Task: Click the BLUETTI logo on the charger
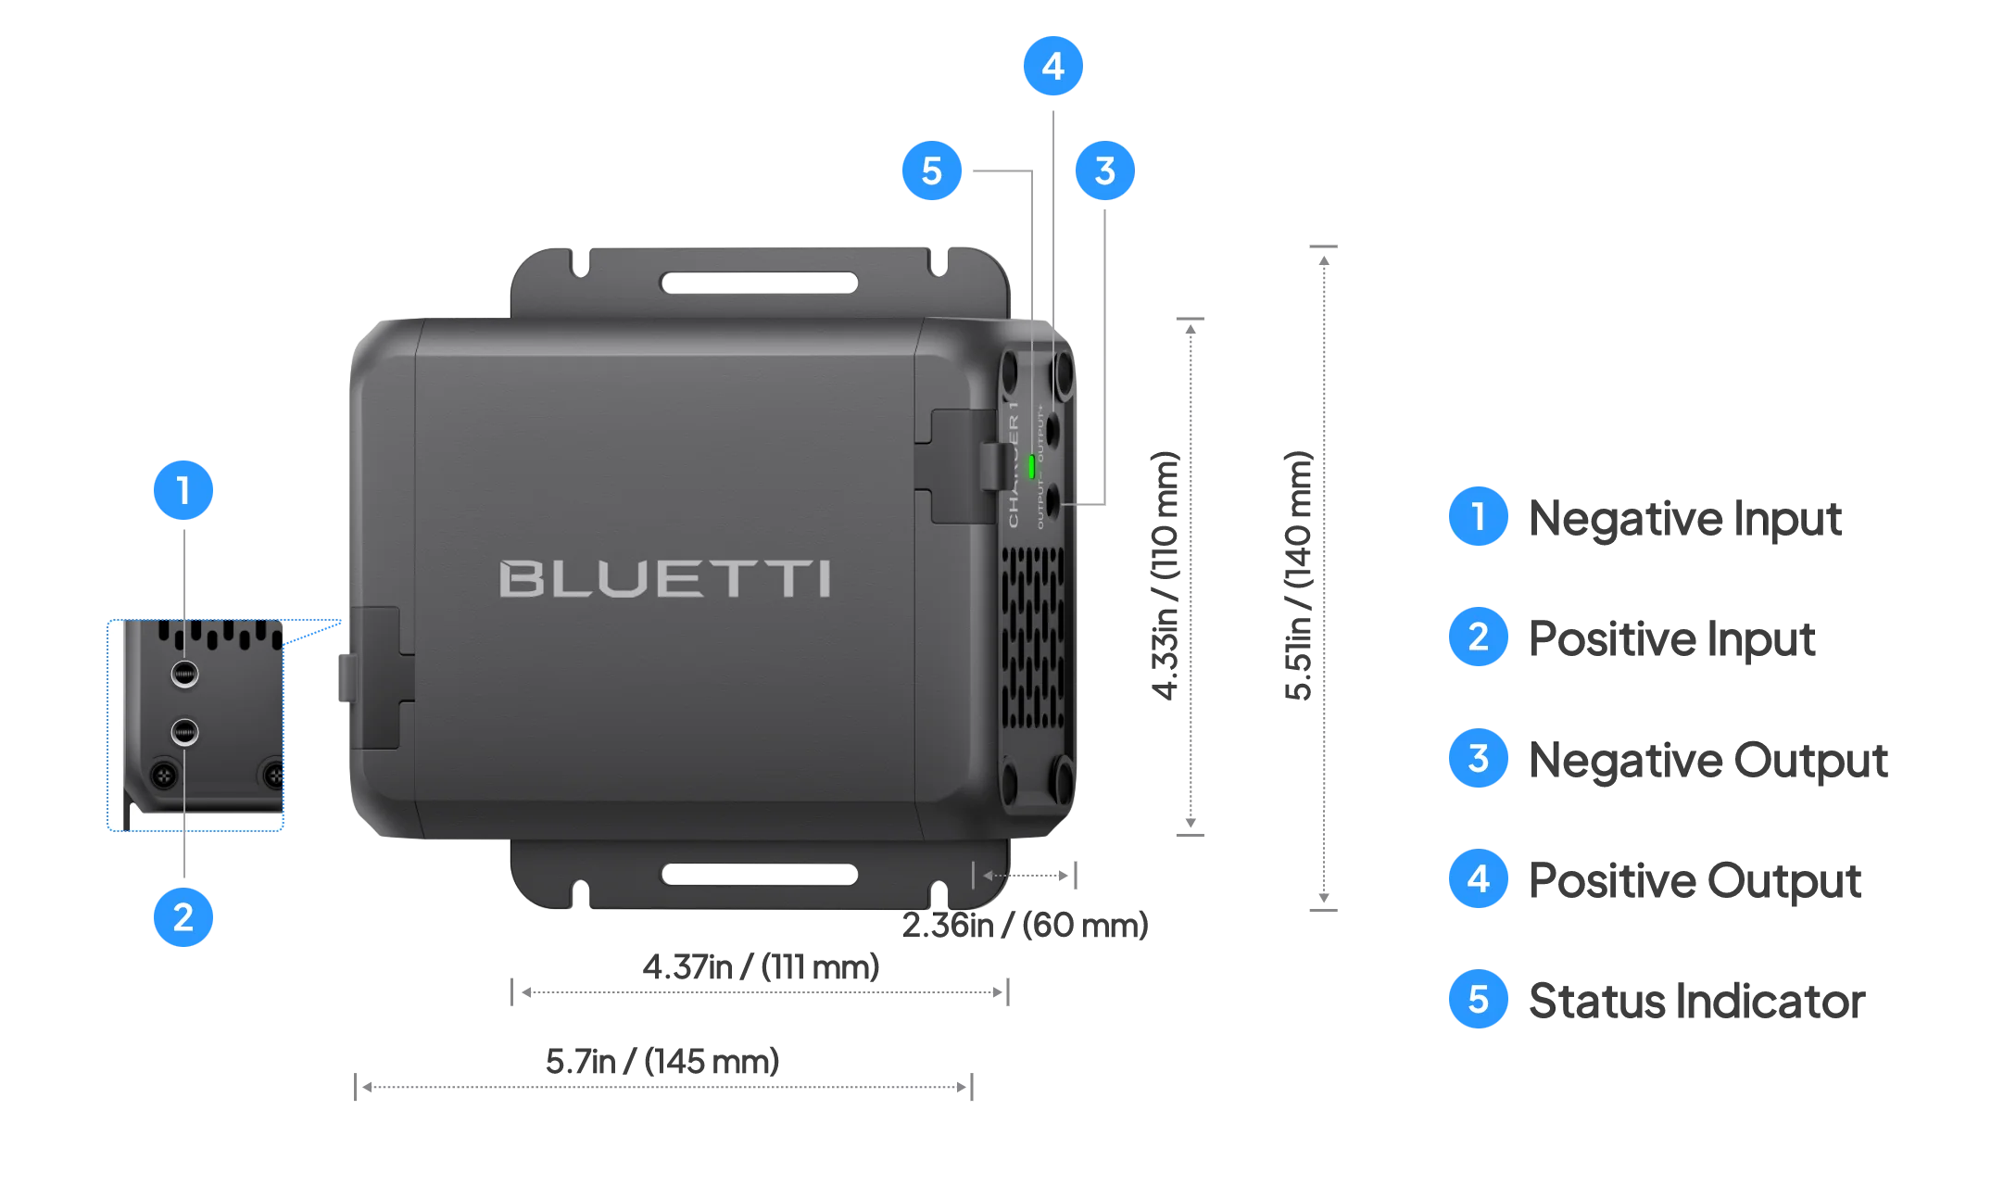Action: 664,578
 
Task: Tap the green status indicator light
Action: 1030,466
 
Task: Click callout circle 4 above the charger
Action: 1052,67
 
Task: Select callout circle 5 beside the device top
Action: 931,170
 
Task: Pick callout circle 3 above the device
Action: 1104,170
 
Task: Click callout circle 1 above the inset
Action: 183,490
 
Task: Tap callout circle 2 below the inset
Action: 183,917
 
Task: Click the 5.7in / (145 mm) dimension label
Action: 662,1062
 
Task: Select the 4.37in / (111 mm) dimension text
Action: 761,967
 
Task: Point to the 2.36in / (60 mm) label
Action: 1025,925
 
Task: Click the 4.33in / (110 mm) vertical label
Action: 1166,574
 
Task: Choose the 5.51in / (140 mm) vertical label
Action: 1299,574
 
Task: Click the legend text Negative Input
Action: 1684,518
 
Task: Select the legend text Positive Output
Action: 1695,880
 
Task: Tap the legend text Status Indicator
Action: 1695,1002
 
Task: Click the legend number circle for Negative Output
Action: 1478,759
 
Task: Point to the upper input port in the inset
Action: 184,674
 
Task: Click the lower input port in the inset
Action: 184,732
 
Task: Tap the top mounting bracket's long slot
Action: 758,283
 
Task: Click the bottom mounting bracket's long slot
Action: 758,874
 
